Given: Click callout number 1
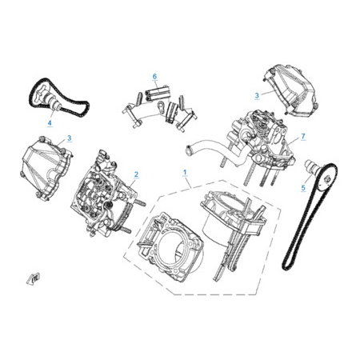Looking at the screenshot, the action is (185, 172).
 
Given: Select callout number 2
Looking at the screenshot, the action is (136, 174).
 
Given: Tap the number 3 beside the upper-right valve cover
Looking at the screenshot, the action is (257, 95).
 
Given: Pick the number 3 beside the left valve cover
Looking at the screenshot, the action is (69, 138).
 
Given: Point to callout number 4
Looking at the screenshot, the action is (50, 123).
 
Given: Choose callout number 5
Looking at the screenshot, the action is (303, 187).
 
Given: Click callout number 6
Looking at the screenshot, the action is (154, 77).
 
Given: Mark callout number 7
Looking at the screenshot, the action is (303, 136).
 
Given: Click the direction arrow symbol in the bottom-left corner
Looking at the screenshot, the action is (33, 279).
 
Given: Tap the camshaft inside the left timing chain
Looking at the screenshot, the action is (50, 100).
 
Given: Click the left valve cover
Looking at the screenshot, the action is (46, 166).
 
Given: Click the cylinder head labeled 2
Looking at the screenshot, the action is (106, 194).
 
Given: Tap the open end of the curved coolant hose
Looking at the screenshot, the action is (190, 150).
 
